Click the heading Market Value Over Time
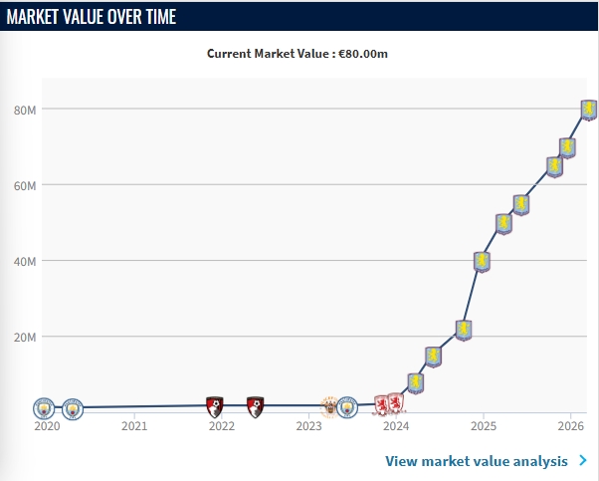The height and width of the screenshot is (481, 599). pyautogui.click(x=92, y=16)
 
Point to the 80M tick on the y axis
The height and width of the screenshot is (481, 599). pyautogui.click(x=25, y=110)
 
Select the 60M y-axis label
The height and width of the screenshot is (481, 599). pyautogui.click(x=25, y=185)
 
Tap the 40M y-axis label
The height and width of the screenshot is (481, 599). pyautogui.click(x=25, y=261)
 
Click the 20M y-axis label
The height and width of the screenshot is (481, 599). pyautogui.click(x=25, y=337)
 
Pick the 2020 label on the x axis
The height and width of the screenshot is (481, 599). pyautogui.click(x=47, y=426)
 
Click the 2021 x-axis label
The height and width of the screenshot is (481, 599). pyautogui.click(x=134, y=426)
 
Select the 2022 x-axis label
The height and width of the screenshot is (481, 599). pyautogui.click(x=221, y=426)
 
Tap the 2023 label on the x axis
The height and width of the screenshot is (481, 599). pyautogui.click(x=308, y=426)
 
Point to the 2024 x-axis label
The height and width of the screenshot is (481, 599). pyautogui.click(x=396, y=426)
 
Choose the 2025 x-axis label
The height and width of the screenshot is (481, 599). pyautogui.click(x=483, y=426)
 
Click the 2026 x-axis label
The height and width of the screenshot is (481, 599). pyautogui.click(x=569, y=426)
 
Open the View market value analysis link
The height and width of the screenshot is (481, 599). pyautogui.click(x=477, y=461)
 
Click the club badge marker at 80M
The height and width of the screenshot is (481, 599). pyautogui.click(x=588, y=110)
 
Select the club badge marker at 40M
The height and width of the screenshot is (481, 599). pyautogui.click(x=482, y=262)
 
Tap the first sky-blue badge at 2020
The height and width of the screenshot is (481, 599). pyautogui.click(x=44, y=408)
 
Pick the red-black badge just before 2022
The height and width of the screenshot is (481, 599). pyautogui.click(x=214, y=405)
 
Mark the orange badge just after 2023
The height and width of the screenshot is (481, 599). pyautogui.click(x=329, y=406)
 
